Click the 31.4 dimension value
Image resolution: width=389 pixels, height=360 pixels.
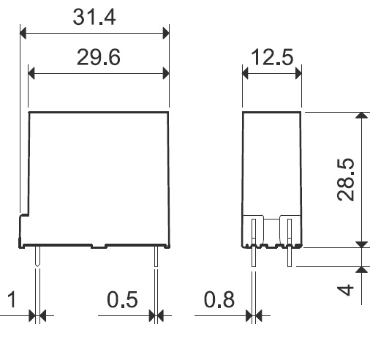94,17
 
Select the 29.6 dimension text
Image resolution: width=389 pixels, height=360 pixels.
99,57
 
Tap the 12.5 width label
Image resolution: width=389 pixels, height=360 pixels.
272,57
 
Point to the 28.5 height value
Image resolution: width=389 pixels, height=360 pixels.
345,179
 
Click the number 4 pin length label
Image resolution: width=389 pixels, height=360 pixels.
345,290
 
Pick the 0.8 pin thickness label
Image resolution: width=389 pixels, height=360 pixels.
219,299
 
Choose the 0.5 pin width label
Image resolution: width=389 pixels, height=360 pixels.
122,299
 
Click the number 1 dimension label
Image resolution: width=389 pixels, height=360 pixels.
12,299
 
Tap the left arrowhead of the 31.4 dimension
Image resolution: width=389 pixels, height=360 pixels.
23,33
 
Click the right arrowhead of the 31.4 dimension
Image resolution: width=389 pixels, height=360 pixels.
166,33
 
